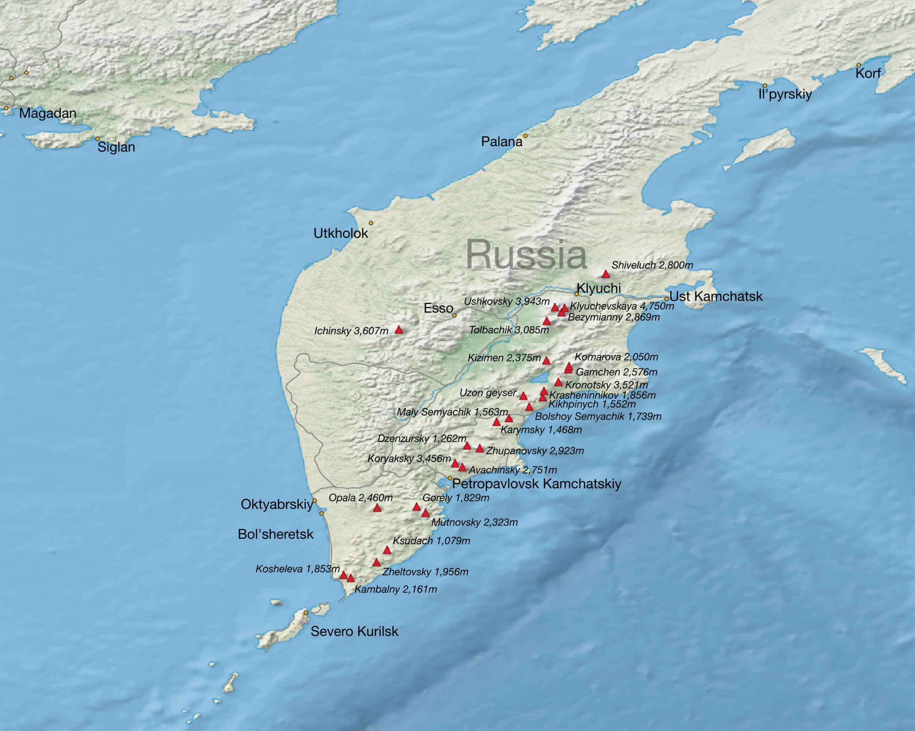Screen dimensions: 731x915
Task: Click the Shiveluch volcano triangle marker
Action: point(606,274)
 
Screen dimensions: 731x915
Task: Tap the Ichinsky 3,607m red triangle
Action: point(399,330)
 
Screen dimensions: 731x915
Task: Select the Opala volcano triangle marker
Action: point(377,508)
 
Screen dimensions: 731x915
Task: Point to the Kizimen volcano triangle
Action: point(546,361)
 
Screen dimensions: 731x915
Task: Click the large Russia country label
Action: point(526,255)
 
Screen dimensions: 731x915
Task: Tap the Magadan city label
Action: point(48,113)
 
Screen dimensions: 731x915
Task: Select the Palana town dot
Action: point(526,136)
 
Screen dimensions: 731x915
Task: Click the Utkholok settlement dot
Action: point(371,223)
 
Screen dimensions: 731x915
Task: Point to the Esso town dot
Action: point(454,316)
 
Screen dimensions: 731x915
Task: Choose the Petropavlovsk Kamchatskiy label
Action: point(537,484)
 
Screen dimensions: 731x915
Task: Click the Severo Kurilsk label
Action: point(354,631)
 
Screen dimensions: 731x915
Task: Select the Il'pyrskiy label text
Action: point(785,94)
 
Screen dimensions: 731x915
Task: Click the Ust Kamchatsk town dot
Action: point(666,299)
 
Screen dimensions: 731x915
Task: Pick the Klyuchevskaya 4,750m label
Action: point(621,306)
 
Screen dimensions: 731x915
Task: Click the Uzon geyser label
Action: point(488,393)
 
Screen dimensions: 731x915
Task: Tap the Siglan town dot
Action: point(97,139)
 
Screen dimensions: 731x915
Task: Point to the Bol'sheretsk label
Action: point(276,534)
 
